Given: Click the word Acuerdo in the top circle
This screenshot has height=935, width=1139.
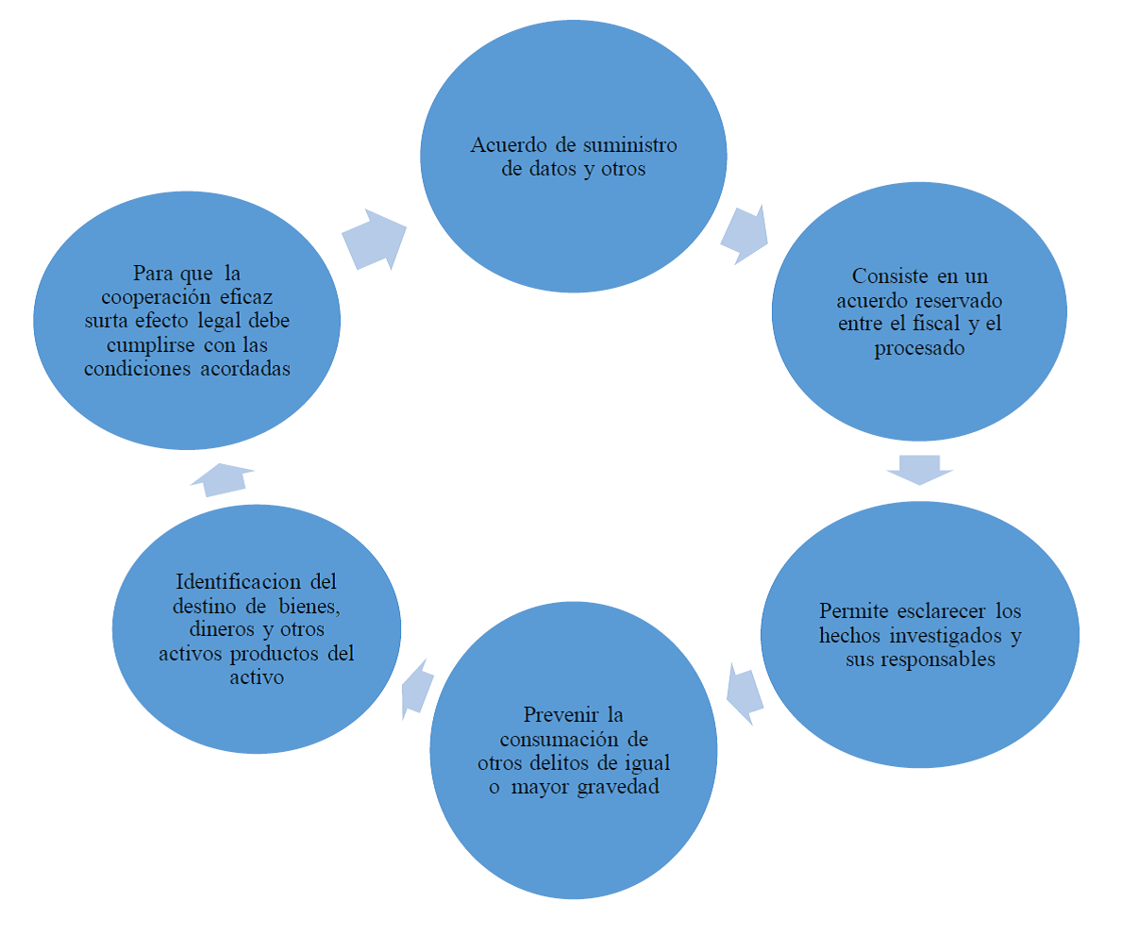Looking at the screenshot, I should pos(505,146).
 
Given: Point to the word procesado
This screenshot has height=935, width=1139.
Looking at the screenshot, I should pos(919,347).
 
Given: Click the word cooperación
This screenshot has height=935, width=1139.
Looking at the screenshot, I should pos(149,296).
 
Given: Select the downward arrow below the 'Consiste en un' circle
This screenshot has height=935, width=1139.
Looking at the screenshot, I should pos(919,469).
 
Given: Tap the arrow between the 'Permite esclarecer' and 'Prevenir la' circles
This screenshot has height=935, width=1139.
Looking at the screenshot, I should pos(745,693).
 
